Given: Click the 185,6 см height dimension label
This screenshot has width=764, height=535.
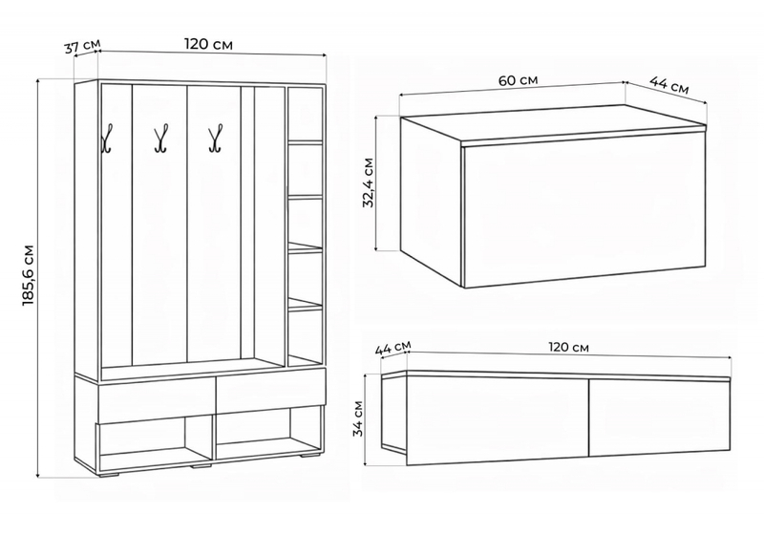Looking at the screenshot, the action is [x=29, y=276].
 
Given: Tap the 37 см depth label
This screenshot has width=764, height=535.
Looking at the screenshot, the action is [x=82, y=46].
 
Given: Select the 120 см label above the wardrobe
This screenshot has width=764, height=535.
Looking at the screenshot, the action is [x=208, y=44].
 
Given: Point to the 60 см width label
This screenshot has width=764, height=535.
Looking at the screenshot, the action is [x=518, y=80].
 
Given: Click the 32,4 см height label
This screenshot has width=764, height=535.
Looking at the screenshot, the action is [x=369, y=182].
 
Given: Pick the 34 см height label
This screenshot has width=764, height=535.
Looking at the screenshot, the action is [x=359, y=418].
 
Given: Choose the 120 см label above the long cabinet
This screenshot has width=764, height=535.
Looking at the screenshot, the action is [x=568, y=348].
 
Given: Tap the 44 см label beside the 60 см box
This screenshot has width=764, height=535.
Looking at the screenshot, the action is [x=669, y=85].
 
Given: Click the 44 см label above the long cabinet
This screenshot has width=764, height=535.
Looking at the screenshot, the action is [x=393, y=348].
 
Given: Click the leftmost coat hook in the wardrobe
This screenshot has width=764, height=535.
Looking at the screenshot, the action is [x=107, y=139].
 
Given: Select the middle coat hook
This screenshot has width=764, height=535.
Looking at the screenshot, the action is [x=161, y=139].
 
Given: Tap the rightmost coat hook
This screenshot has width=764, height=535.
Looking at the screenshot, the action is [x=216, y=139].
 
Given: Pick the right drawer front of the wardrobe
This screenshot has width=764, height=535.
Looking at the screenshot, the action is [x=270, y=391].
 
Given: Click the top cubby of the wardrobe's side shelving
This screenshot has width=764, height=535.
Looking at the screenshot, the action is [x=305, y=115].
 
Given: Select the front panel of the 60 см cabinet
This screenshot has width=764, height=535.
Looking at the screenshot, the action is [x=584, y=209].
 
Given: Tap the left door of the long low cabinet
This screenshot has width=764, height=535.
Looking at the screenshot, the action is [x=498, y=420].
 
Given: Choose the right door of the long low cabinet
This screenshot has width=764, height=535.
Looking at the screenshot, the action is [x=660, y=417].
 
